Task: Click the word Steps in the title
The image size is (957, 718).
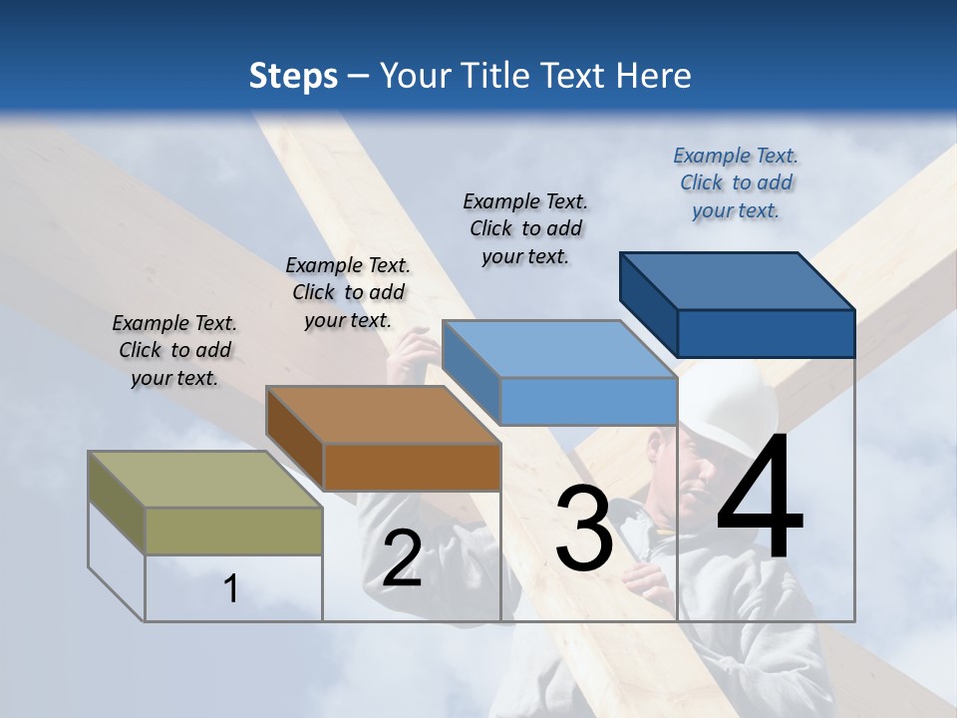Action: pyautogui.click(x=293, y=76)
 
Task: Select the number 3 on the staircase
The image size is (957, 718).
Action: pyautogui.click(x=583, y=529)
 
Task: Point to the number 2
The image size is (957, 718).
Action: pyautogui.click(x=402, y=558)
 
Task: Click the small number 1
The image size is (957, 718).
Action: pyautogui.click(x=230, y=588)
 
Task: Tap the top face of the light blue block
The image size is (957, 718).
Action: pyautogui.click(x=558, y=349)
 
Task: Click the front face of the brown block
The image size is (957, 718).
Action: pyautogui.click(x=412, y=467)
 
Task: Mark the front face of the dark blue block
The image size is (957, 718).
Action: pyautogui.click(x=766, y=333)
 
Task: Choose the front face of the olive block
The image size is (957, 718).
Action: pyautogui.click(x=233, y=531)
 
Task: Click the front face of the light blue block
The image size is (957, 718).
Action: pyautogui.click(x=588, y=401)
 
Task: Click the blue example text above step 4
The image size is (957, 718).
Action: pyautogui.click(x=736, y=182)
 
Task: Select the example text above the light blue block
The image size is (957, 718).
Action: pyautogui.click(x=525, y=228)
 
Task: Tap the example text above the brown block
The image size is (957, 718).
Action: pyautogui.click(x=348, y=292)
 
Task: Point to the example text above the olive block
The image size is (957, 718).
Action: pyautogui.click(x=174, y=350)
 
